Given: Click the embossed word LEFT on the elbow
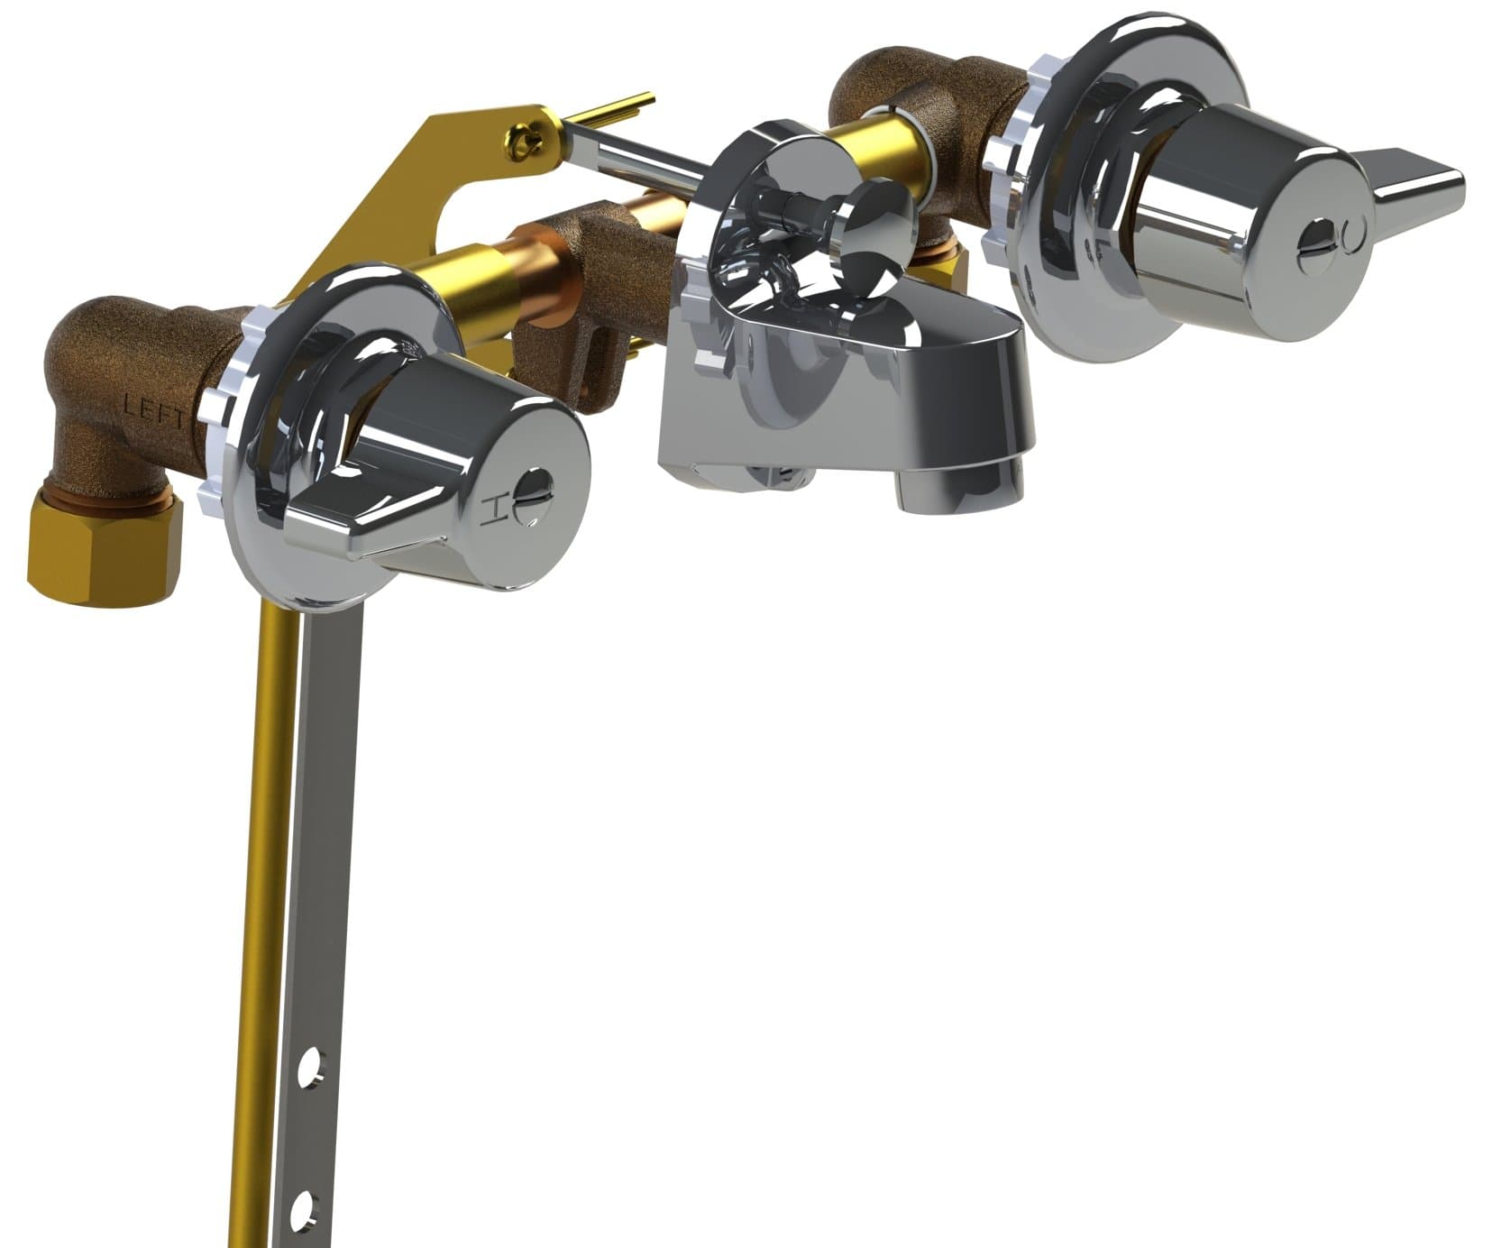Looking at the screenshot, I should [x=154, y=412].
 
